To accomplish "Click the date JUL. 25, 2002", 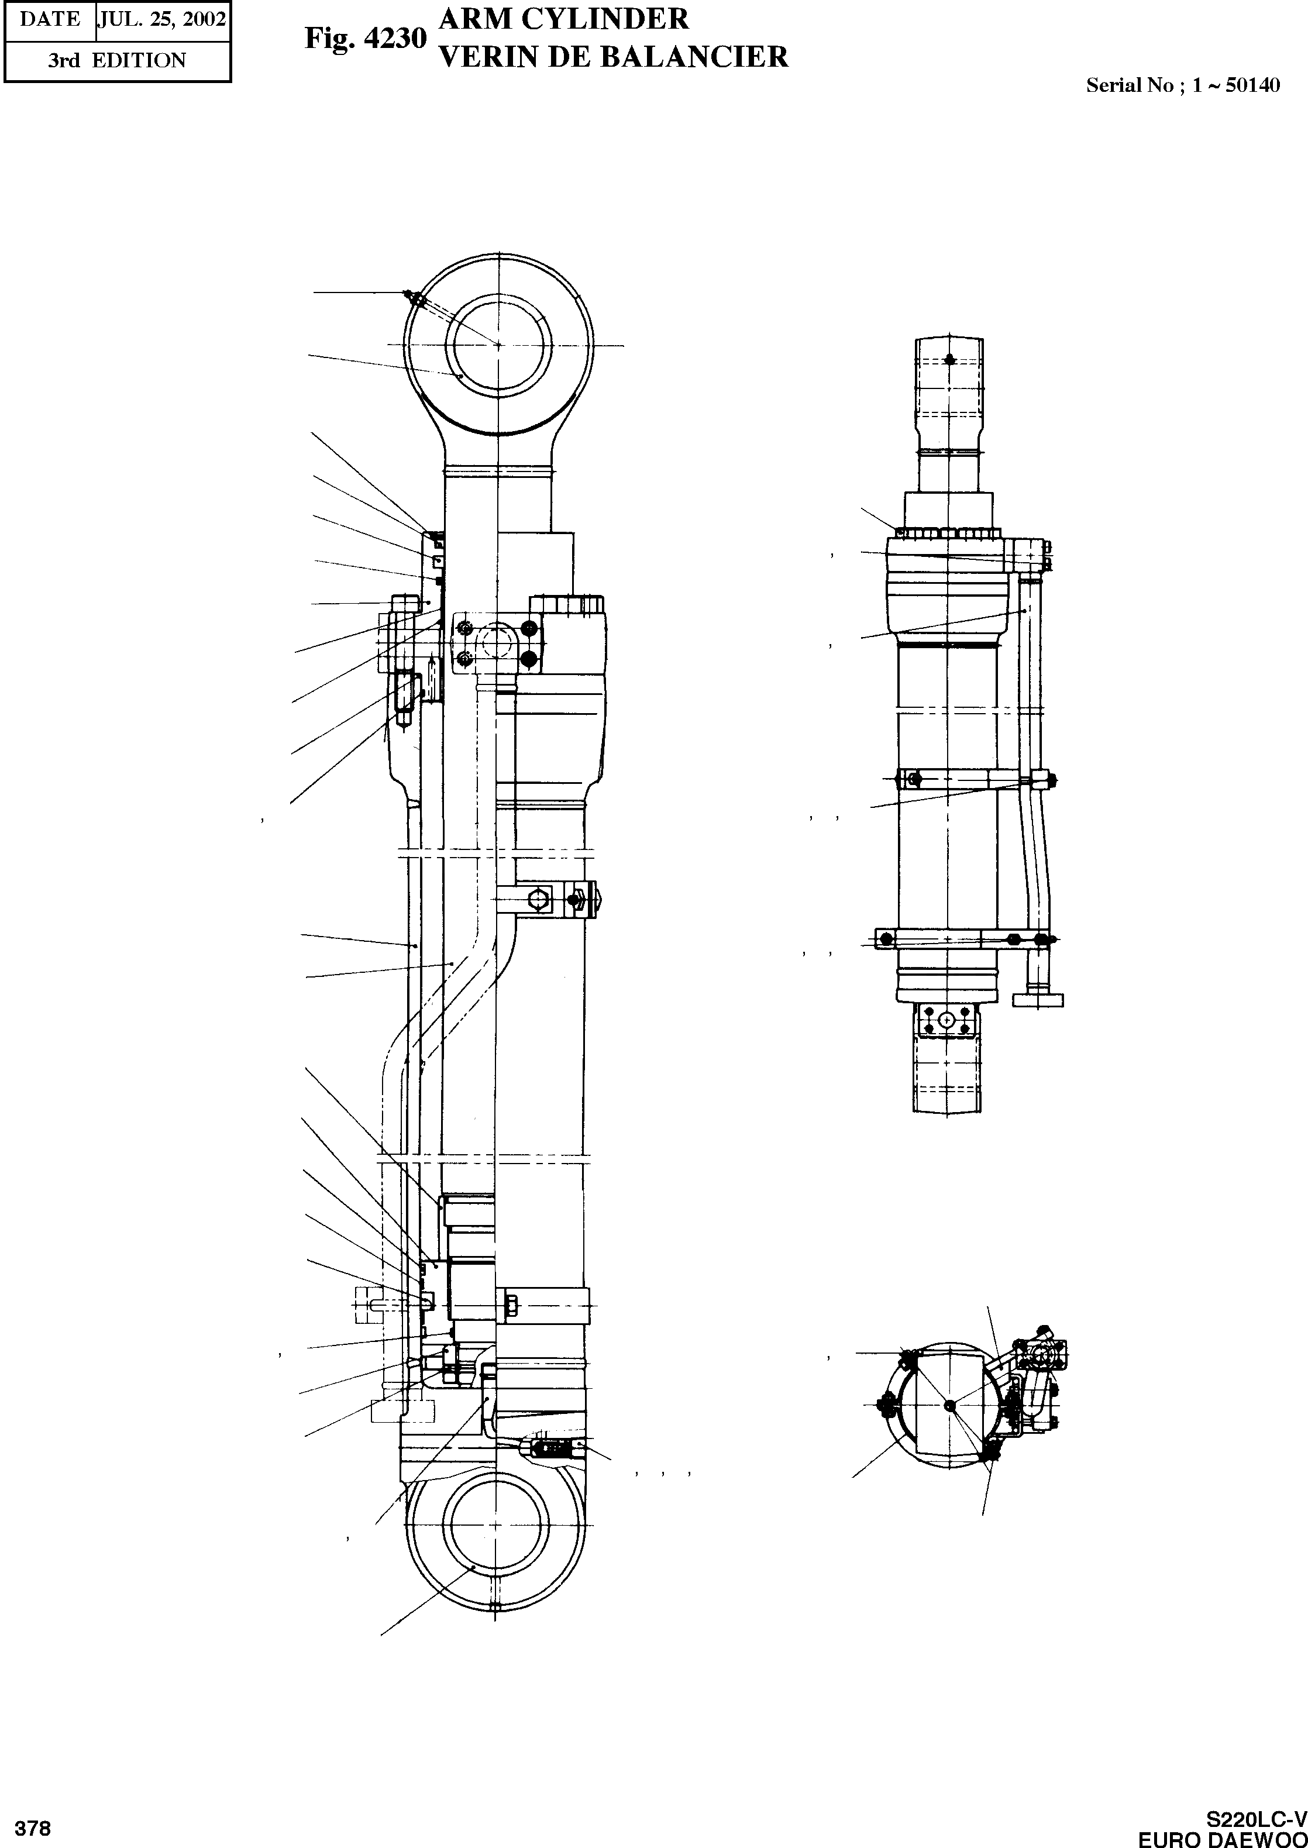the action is click(x=162, y=19).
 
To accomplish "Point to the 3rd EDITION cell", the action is click(x=117, y=60).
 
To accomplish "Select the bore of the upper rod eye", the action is click(x=498, y=345).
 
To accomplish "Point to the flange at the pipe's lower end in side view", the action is click(x=1037, y=1000).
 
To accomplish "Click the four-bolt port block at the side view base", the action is click(x=947, y=1020).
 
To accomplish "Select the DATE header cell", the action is click(x=50, y=19).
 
